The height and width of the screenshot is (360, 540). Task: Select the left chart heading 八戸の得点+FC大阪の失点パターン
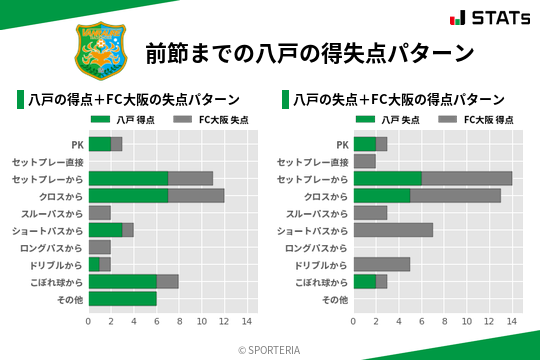tap(134, 100)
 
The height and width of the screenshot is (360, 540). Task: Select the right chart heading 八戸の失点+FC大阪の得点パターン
tap(399, 100)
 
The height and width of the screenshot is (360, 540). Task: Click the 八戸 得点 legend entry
tap(122, 120)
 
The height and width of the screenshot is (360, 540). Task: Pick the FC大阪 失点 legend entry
tap(211, 120)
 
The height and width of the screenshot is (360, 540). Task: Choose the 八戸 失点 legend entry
tap(387, 120)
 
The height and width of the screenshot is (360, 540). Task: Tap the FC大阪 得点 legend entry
tap(476, 120)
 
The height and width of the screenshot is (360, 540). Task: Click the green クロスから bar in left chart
tap(128, 196)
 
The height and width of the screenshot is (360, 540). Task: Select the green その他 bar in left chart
tap(122, 299)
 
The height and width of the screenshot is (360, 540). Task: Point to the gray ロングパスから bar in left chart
tap(100, 247)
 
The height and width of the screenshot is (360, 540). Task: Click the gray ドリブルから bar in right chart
tap(382, 264)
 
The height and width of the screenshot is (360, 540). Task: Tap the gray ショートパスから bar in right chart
tap(393, 230)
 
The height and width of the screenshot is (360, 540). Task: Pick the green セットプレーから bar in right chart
tap(388, 178)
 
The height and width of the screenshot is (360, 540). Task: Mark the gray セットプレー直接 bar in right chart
tap(365, 161)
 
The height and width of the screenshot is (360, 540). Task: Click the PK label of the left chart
tap(77, 144)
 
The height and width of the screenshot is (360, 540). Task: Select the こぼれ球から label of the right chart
tap(321, 282)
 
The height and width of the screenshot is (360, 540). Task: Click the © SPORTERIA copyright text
tap(270, 350)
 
